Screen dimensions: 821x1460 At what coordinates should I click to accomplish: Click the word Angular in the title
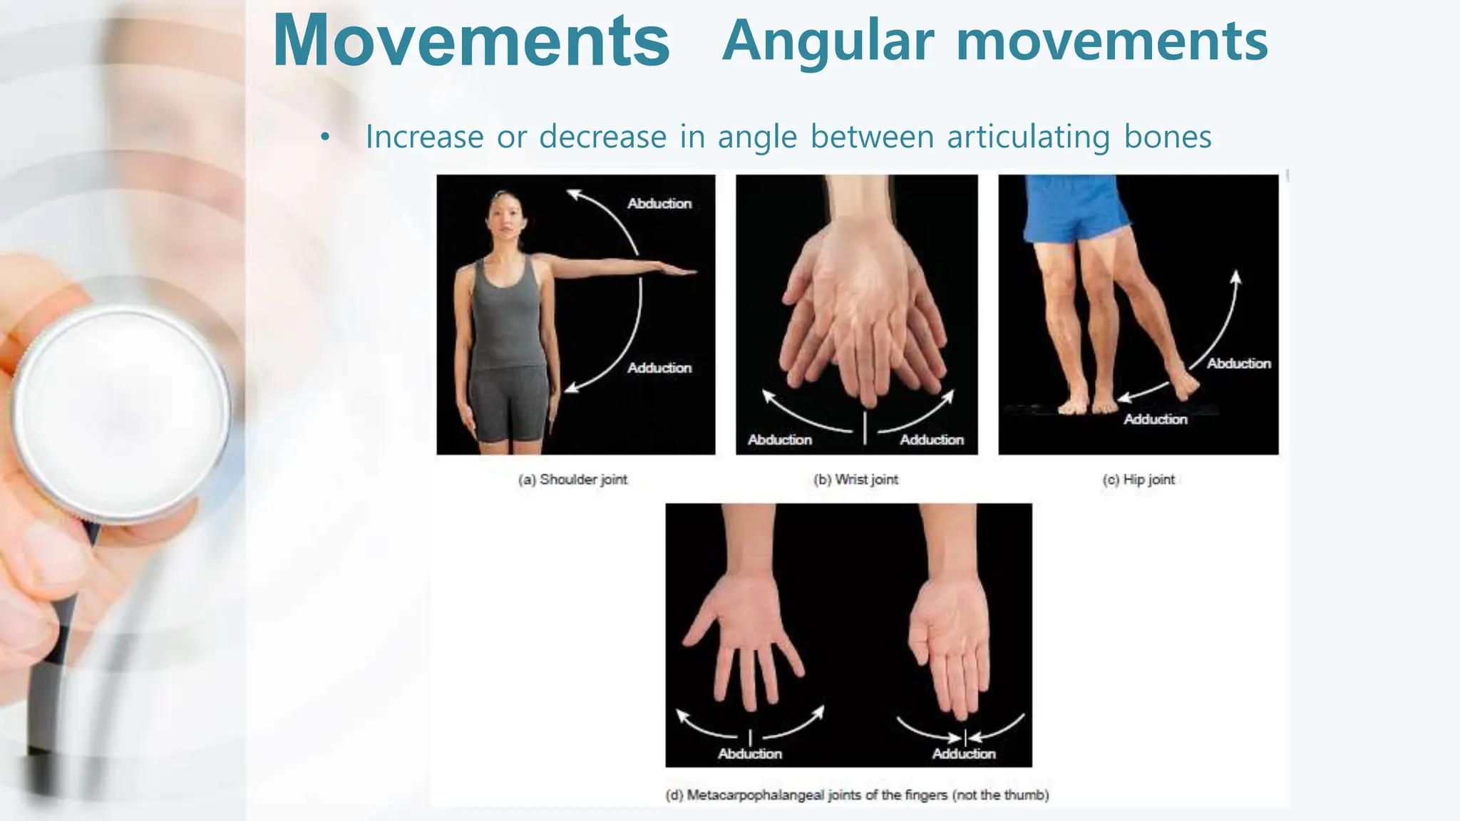827,41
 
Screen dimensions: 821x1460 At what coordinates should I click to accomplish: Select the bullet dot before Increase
325,138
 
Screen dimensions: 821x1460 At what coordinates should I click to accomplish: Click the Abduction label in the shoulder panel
659,204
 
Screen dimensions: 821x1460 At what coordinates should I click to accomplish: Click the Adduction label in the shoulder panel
659,368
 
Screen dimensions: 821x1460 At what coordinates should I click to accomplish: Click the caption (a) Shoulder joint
573,480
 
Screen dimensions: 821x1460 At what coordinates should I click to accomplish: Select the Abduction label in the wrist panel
779,440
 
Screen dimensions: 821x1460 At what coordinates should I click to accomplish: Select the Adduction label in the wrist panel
931,440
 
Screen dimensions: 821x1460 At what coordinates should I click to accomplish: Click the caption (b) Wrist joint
855,480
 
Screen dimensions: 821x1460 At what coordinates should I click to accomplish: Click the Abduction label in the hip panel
1238,363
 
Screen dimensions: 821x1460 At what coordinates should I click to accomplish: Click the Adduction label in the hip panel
1155,419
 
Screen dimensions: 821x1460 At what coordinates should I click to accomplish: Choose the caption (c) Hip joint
1138,480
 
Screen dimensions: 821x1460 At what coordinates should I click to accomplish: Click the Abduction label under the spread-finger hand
749,753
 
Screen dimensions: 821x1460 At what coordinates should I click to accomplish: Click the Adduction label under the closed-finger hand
963,753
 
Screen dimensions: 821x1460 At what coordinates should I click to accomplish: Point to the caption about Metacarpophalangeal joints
857,795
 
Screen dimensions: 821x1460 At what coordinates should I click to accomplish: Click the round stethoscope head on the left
121,413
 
